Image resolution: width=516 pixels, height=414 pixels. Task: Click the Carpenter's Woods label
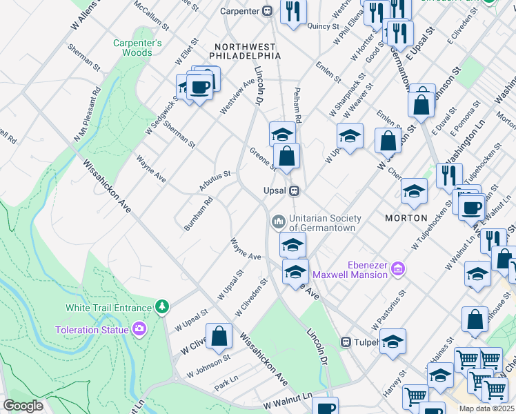137,48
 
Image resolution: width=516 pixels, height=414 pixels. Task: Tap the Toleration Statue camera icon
140,329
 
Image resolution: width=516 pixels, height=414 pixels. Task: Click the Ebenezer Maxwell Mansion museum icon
397,268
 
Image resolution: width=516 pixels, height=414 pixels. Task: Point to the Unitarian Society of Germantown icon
278,221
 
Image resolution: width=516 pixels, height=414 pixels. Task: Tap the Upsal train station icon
294,190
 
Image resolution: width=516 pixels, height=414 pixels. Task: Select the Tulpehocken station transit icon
348,342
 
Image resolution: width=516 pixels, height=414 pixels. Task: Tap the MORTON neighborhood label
406,218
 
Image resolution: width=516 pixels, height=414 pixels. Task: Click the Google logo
23,406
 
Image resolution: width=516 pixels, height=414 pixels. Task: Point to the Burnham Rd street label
198,213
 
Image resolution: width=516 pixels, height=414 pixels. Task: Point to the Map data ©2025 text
486,408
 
